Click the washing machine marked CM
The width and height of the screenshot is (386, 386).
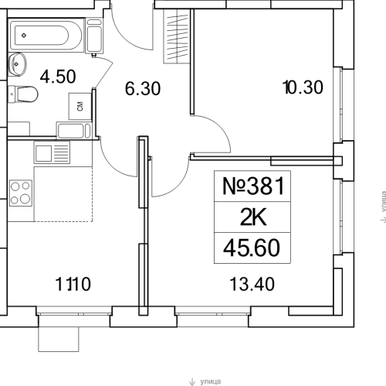pos(80,106)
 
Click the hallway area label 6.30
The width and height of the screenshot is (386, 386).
pos(143,88)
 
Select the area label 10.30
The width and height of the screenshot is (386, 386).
pos(302,88)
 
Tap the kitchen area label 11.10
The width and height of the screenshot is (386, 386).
pos(75,284)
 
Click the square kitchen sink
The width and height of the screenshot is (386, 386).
pos(42,152)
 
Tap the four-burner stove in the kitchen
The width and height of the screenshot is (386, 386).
pos(22,191)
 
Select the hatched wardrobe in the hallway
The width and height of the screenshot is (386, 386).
pos(178,32)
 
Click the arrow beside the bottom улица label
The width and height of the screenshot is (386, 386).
pos(193,381)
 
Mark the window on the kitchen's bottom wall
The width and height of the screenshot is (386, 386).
pos(75,315)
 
